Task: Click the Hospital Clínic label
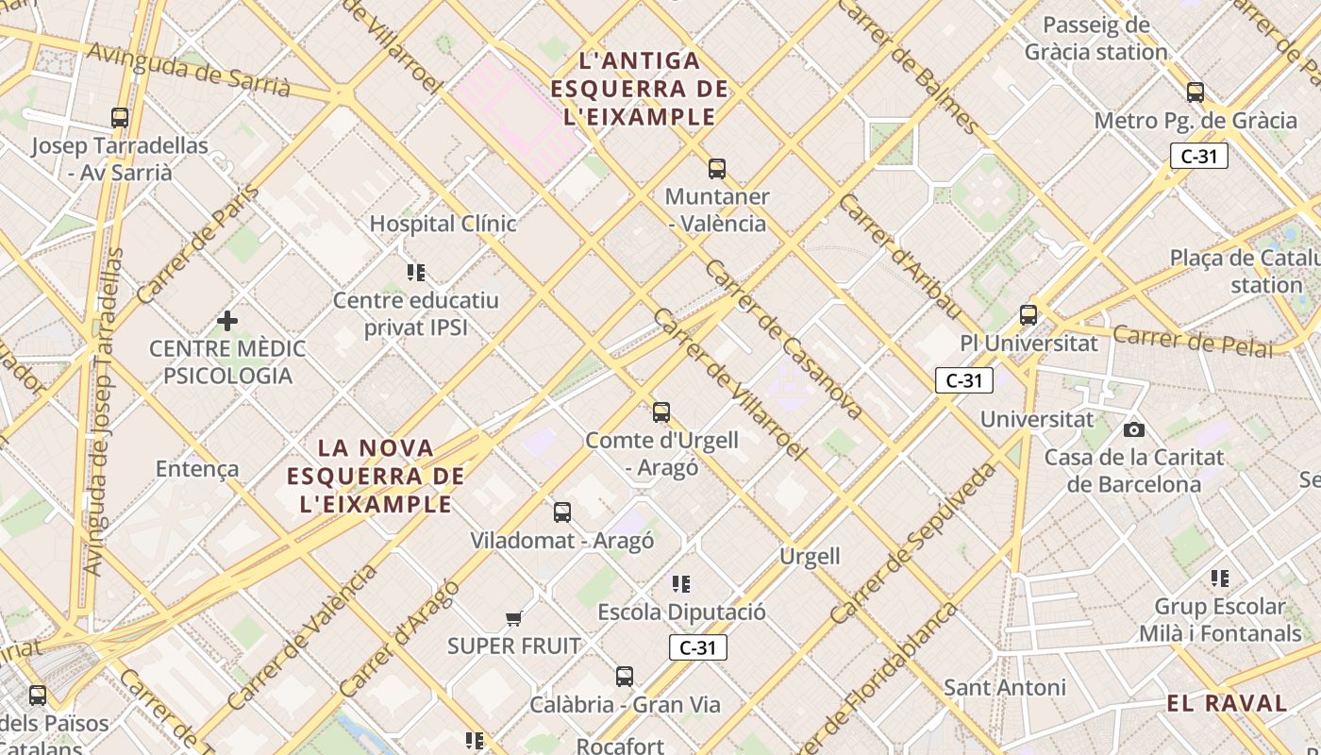coord(443,224)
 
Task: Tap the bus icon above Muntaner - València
coord(717,169)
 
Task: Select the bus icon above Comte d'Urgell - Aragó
coord(661,412)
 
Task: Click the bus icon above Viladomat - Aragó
coord(562,512)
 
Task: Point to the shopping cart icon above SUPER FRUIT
coord(513,619)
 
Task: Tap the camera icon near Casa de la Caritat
coord(1134,430)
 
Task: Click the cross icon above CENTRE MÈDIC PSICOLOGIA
coord(227,321)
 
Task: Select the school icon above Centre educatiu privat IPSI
coord(416,273)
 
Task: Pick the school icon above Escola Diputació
coord(681,584)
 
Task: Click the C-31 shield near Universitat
coord(964,380)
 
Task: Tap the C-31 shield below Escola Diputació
coord(698,647)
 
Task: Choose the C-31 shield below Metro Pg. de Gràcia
coord(1199,157)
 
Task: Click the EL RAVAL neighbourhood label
coord(1227,703)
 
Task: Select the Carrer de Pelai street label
coord(1193,341)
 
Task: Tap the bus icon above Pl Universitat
coord(1028,315)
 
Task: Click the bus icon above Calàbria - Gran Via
coord(625,677)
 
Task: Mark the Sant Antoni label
coord(1005,687)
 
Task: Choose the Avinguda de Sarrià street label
coord(189,70)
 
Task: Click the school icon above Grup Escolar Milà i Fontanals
coord(1220,578)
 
